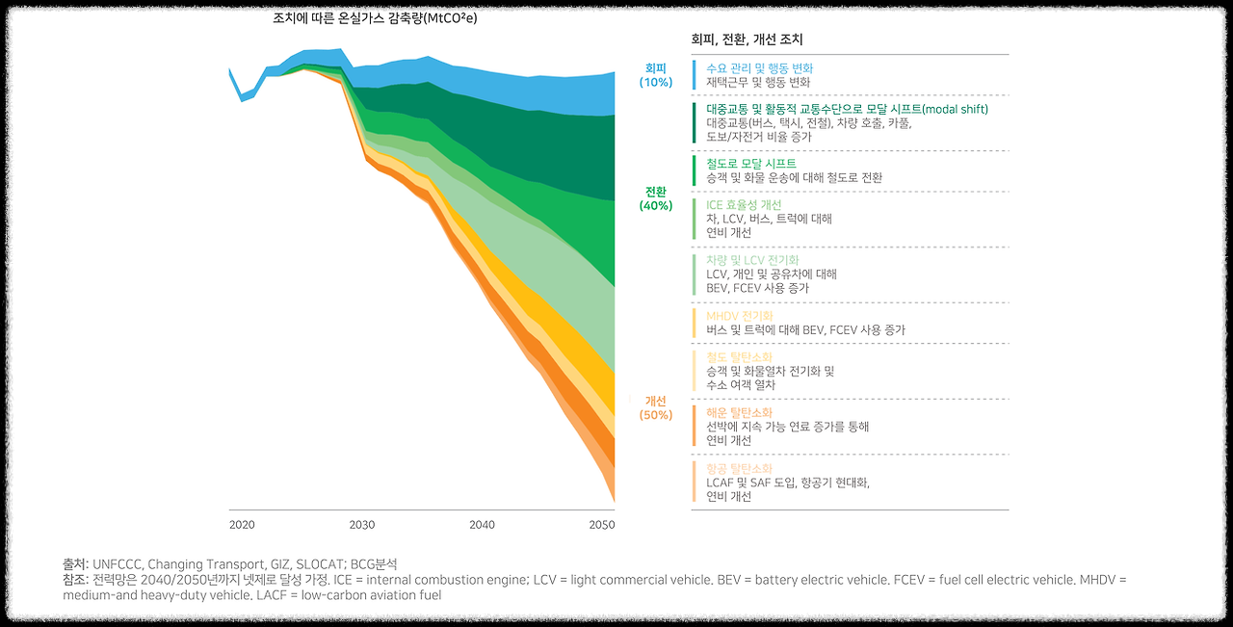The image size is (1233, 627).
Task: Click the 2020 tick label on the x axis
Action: pos(242,525)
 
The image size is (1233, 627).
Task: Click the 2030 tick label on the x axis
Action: pos(362,525)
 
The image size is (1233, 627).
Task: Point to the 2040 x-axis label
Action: pos(483,525)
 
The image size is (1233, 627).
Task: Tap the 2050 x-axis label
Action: pos(602,525)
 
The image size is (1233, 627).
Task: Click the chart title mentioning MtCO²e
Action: pos(375,18)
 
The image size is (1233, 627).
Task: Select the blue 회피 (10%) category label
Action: pos(656,75)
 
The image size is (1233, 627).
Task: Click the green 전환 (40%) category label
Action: pos(656,198)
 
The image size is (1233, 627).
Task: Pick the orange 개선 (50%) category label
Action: pos(656,407)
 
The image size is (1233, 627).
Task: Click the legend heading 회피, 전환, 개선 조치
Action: pos(748,39)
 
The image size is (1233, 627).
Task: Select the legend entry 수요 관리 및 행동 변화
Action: pos(759,68)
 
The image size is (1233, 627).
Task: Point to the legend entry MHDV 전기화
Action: pos(739,316)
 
